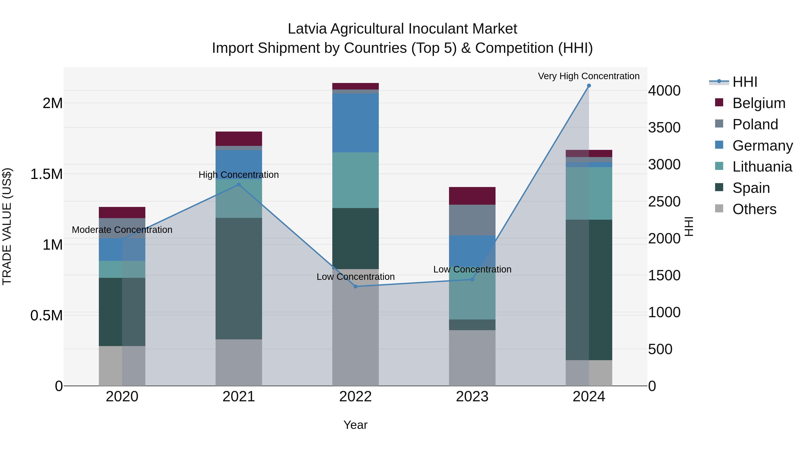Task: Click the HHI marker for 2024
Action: pos(589,86)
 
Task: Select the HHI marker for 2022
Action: pos(355,286)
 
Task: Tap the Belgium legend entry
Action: pos(758,103)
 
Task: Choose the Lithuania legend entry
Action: pos(762,167)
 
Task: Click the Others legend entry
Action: pos(754,209)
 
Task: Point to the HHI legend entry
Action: pos(744,82)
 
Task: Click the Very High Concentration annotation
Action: pos(589,76)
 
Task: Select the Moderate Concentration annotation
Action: pos(122,230)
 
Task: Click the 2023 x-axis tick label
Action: pos(472,397)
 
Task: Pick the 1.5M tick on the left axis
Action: pos(47,174)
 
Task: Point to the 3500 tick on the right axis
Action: pos(664,128)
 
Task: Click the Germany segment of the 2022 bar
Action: pos(355,123)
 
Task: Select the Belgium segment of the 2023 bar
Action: pos(472,196)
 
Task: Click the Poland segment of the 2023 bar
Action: pos(472,220)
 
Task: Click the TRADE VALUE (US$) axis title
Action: pos(7,226)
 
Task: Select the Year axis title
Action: pos(355,425)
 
